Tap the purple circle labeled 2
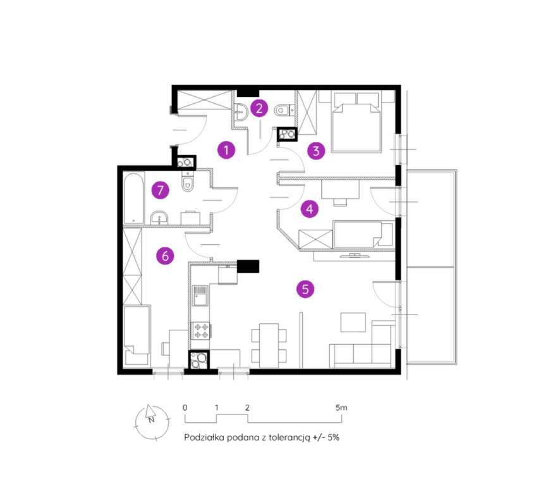tap(258, 108)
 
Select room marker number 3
tap(316, 151)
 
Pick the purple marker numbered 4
tap(308, 208)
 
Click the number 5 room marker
tap(305, 289)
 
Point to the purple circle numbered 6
tap(164, 256)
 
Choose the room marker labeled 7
tap(161, 189)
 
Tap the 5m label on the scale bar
tap(340, 408)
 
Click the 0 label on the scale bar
tap(185, 408)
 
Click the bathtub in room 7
tap(134, 197)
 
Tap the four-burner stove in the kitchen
tap(201, 330)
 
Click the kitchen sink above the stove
tap(200, 296)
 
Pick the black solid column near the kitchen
tap(247, 266)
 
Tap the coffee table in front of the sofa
tap(353, 322)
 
